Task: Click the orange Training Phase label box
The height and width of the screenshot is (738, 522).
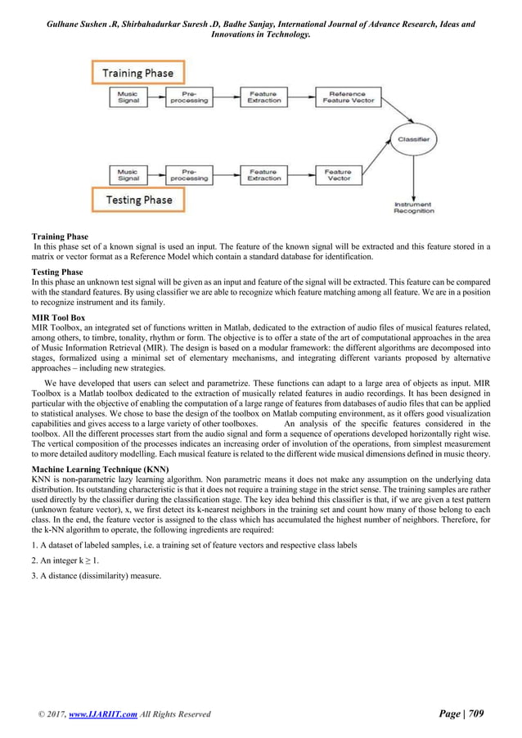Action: coord(137,72)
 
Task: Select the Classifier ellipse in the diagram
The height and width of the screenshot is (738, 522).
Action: coord(415,140)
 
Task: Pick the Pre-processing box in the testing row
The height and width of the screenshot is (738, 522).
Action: coord(189,175)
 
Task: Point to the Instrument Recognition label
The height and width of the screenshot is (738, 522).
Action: coord(415,208)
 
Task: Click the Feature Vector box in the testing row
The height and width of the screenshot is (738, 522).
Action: coord(338,175)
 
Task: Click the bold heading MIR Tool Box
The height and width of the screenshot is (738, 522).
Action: coord(56,319)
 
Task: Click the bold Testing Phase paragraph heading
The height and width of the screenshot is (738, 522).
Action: coord(56,272)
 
